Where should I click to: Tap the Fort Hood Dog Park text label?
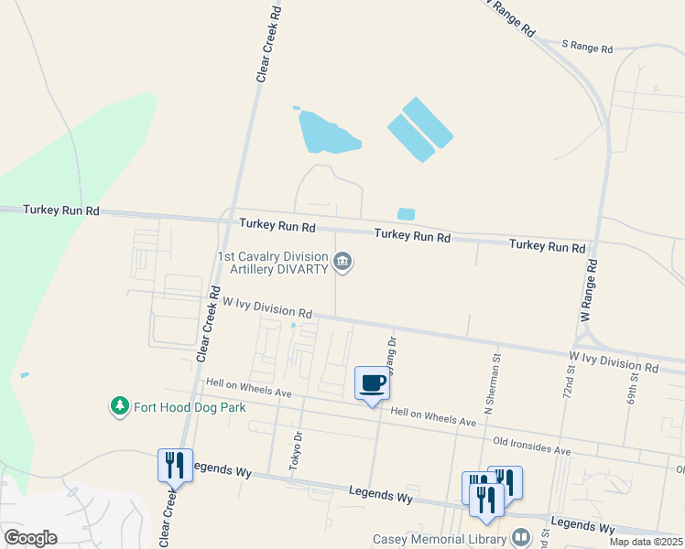(190, 407)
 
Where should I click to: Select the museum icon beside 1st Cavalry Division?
(342, 264)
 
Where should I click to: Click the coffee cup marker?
(372, 383)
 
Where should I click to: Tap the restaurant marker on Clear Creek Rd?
(174, 465)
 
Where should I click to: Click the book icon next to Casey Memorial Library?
(521, 536)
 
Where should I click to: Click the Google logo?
(30, 537)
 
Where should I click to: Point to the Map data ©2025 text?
(645, 542)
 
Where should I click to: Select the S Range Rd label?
(586, 46)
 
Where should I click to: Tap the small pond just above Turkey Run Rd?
(406, 214)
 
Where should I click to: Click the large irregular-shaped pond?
(327, 134)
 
